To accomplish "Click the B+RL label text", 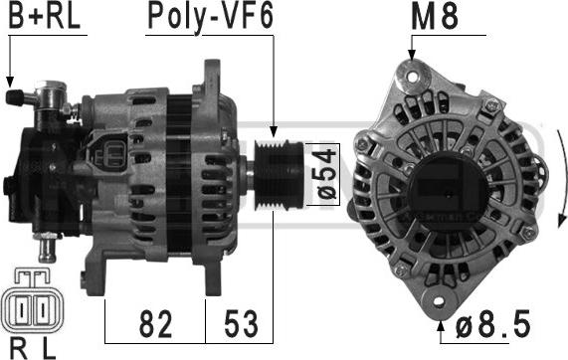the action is click(44, 16).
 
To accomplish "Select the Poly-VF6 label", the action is click(211, 17).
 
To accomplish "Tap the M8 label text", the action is click(435, 17).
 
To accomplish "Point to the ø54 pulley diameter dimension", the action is click(327, 174).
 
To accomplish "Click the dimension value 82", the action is click(155, 324).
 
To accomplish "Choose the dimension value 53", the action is click(242, 324).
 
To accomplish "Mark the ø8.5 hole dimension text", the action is click(492, 324).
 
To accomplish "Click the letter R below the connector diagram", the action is click(18, 349).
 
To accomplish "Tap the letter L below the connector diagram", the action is click(49, 349).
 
